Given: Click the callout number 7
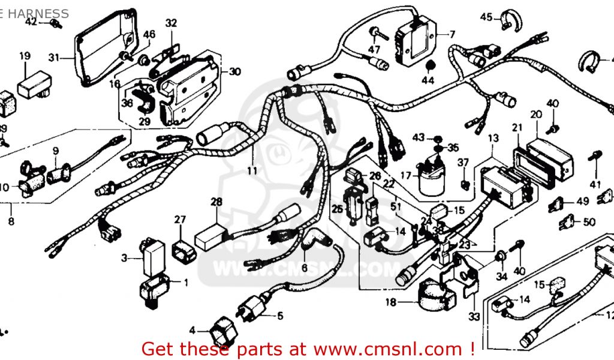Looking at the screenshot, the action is click(452, 34).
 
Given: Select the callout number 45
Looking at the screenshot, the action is click(486, 17).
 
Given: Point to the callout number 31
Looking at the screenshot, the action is click(54, 58).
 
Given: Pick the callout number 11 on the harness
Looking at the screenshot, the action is click(252, 171).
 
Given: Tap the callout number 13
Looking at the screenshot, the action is click(493, 139).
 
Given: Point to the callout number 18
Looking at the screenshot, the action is click(391, 303).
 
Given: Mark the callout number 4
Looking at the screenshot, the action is click(192, 330).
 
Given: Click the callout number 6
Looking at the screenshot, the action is click(304, 268).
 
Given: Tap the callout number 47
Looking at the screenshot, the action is click(374, 49).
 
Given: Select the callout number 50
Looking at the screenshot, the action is click(589, 222).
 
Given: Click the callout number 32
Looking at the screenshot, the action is click(171, 23).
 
